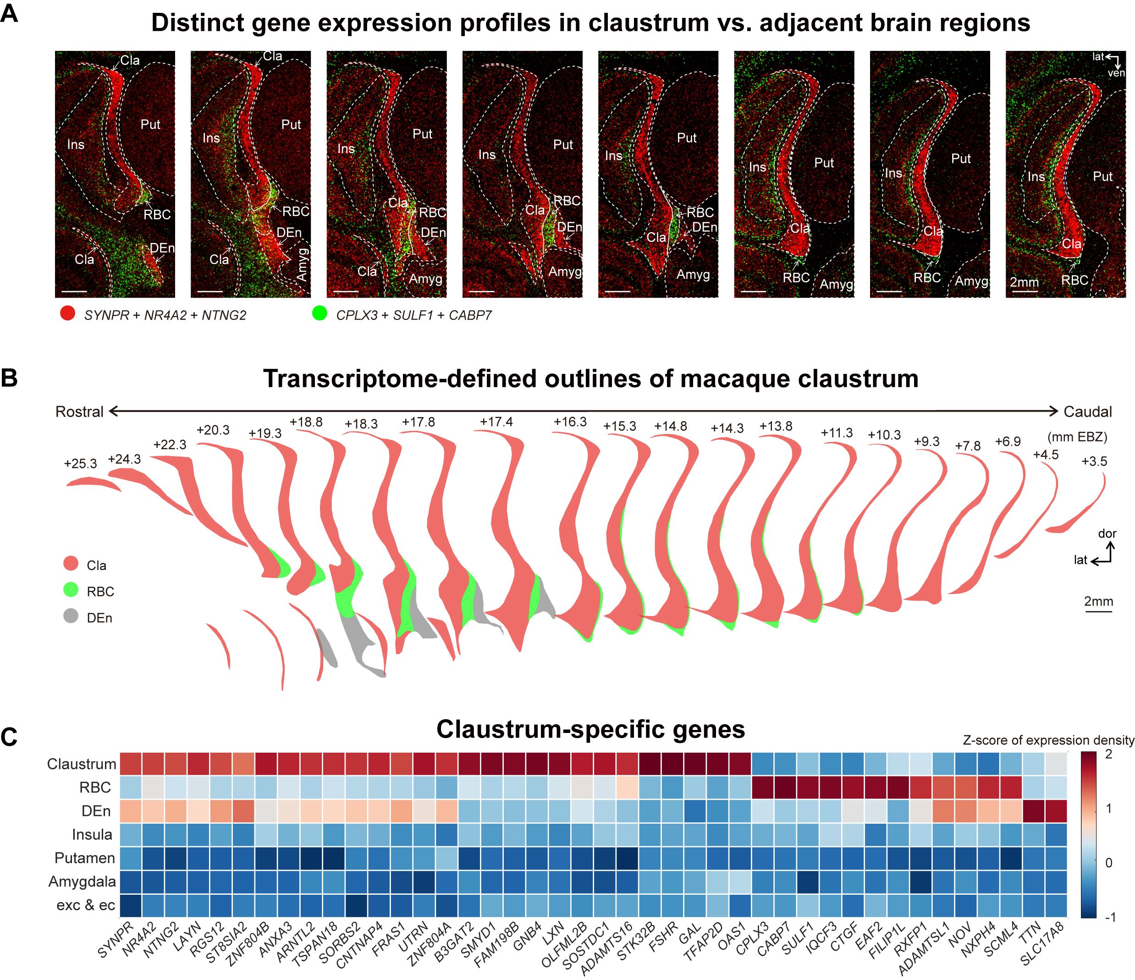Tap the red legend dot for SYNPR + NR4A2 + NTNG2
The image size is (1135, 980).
(x=67, y=314)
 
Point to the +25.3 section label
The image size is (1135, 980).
(x=80, y=463)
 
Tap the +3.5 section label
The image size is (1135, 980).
(x=1094, y=461)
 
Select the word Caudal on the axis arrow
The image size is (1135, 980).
(x=1088, y=412)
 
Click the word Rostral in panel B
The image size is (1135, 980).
(x=79, y=412)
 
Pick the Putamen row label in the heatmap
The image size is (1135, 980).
(x=84, y=857)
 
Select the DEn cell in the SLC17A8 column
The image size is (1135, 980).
(x=1056, y=810)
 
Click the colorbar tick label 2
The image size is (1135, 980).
(x=1109, y=754)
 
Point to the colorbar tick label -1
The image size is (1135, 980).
(x=1109, y=917)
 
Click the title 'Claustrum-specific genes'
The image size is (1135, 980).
(x=590, y=729)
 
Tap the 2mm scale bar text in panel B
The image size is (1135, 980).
(x=1098, y=601)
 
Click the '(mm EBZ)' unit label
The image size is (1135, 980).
(x=1077, y=436)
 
